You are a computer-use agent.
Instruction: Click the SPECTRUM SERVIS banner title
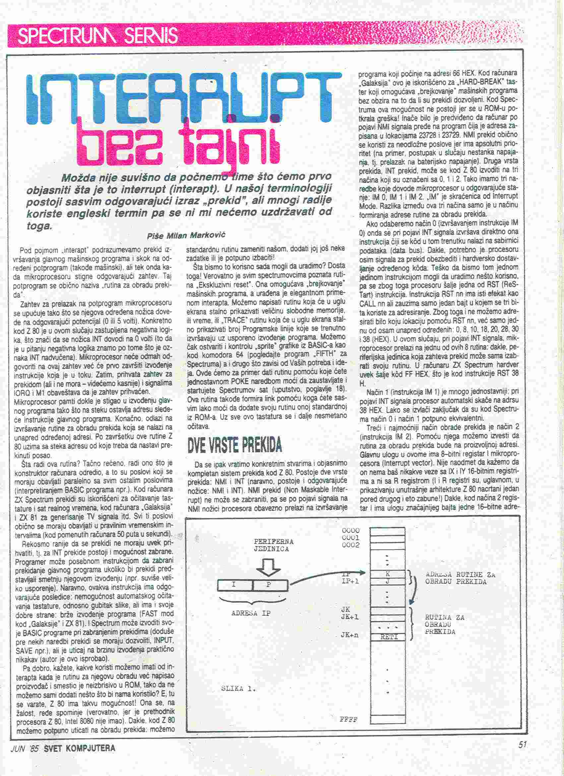point(98,35)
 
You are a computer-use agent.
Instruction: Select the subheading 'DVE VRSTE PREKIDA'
point(235,445)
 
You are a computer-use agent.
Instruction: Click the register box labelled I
point(235,585)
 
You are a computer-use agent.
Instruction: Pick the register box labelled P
point(269,585)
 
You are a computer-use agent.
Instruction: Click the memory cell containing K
point(388,574)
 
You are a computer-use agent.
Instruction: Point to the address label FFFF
point(348,720)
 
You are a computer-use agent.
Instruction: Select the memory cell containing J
point(388,581)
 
